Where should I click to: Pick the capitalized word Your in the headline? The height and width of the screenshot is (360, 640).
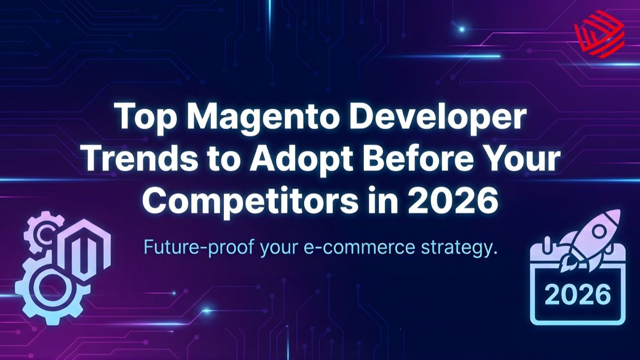tap(520, 160)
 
